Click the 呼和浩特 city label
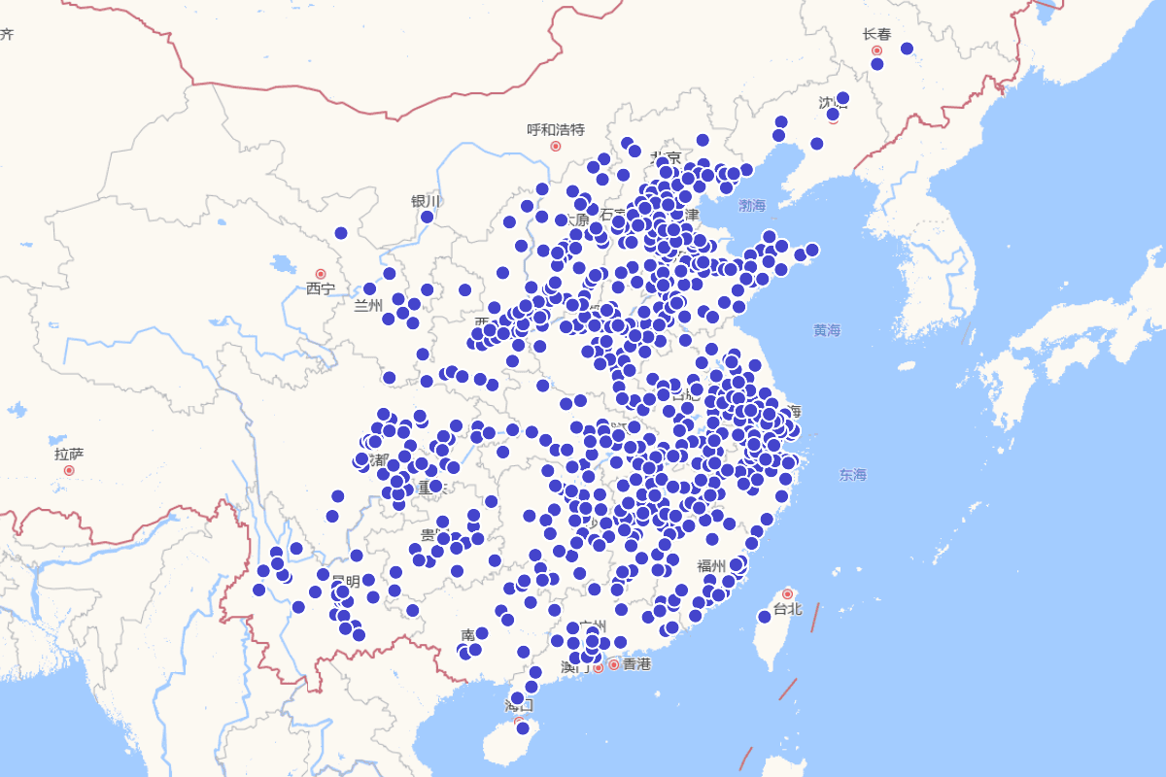(556, 129)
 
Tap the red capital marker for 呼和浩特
(556, 146)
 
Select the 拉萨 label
(69, 454)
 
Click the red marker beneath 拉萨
(69, 470)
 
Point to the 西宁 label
(321, 288)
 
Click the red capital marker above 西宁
(321, 274)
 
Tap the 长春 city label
(876, 34)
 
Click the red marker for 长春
(876, 51)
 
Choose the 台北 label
(787, 610)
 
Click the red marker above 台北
(787, 593)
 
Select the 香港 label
(636, 664)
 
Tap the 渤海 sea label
(752, 206)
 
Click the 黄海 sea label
(827, 330)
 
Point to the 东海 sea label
(853, 475)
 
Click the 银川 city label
(426, 201)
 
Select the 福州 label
(711, 565)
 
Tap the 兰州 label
(369, 306)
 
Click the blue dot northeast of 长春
(907, 49)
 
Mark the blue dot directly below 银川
(427, 217)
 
